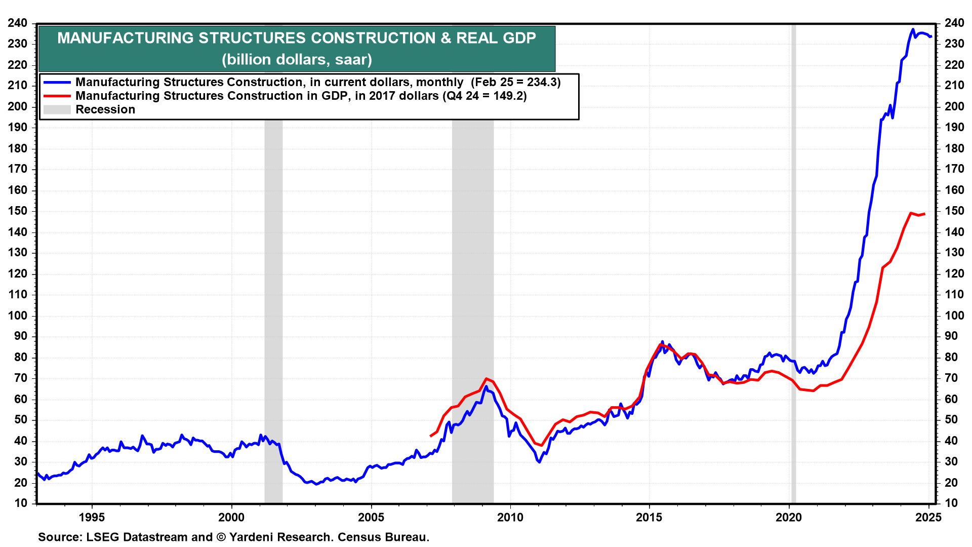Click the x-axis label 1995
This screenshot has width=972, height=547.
point(92,518)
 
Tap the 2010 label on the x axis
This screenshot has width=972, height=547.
point(510,518)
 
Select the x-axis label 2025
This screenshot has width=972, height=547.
point(928,518)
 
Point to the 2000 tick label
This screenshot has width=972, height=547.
point(231,518)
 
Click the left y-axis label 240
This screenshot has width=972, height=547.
point(18,23)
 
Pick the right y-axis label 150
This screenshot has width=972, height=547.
point(954,211)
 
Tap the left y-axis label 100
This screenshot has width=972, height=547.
point(18,316)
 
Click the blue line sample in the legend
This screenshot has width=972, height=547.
point(57,82)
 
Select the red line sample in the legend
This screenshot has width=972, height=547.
point(57,96)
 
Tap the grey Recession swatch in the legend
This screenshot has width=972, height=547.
point(57,109)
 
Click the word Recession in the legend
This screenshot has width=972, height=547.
point(105,109)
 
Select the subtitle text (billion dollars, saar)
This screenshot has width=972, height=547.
point(297,59)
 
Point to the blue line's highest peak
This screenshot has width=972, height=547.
point(913,29)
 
